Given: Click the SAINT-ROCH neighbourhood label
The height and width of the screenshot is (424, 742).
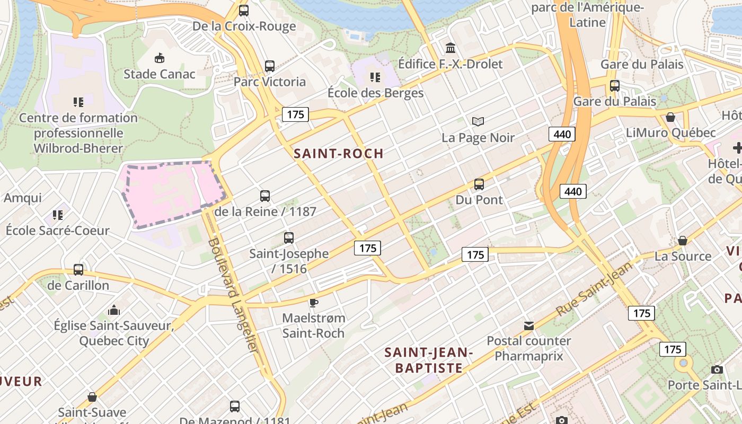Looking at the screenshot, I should tap(338, 154).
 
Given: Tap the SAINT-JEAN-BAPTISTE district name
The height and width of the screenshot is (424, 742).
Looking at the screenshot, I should tap(429, 360).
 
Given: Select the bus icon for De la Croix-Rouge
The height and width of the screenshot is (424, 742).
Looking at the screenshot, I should tap(244, 10).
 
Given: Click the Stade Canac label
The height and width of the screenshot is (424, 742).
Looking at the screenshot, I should tap(160, 74).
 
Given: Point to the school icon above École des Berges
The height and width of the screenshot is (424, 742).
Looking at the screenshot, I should tap(375, 77).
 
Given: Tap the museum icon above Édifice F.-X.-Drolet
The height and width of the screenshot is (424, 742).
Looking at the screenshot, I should tap(450, 48).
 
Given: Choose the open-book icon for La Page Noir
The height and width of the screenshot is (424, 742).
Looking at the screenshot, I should tap(478, 122).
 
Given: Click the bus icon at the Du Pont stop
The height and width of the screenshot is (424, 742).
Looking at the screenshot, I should tap(479, 184).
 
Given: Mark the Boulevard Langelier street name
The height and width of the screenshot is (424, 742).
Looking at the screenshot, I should tap(233, 296).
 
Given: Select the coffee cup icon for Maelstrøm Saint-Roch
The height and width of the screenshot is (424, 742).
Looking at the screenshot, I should tap(313, 303).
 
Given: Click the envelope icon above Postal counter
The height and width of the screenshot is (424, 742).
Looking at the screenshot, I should tap(529, 325).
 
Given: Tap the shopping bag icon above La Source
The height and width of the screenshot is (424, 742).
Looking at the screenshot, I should tap(683, 241).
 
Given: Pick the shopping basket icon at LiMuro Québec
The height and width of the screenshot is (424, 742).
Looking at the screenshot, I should tap(670, 117).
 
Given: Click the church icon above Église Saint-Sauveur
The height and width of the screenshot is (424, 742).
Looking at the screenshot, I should tap(113, 310).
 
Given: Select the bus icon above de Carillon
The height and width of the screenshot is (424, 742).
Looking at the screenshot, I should tap(78, 270).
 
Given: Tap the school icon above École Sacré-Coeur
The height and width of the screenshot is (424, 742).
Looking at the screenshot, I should tap(57, 215).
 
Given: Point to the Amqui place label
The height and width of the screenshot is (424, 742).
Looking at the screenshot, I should tap(23, 198).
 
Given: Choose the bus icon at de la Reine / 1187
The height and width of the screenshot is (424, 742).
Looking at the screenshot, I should tap(265, 196).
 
